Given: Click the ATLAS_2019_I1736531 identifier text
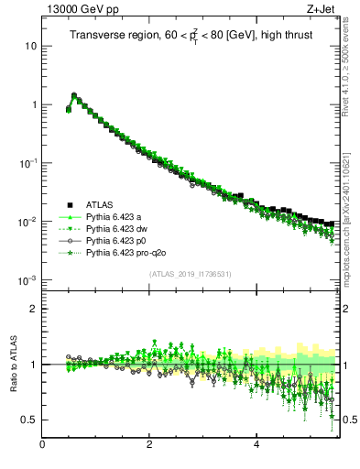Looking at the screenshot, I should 191,274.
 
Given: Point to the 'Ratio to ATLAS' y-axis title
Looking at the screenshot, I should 13,364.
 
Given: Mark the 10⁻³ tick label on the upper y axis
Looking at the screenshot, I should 27,279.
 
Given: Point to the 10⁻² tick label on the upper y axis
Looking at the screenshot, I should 27,221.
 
